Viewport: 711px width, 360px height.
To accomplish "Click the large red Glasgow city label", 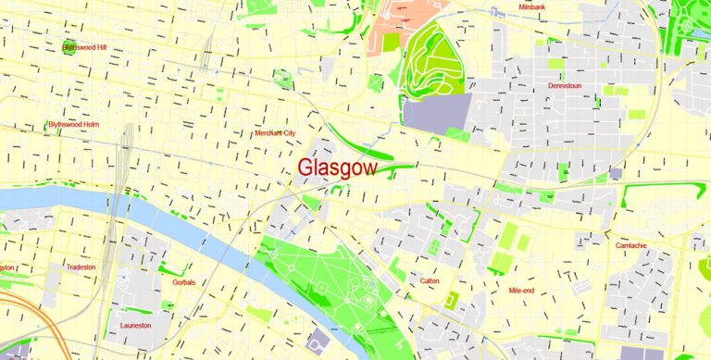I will [x=337, y=168].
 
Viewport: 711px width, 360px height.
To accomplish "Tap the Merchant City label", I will [x=275, y=133].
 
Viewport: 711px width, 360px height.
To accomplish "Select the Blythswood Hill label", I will [x=84, y=45].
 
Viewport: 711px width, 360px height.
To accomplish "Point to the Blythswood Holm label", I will [x=73, y=124].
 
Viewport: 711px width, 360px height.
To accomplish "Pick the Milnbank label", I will [x=534, y=6].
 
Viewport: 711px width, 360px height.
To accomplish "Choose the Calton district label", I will [x=430, y=280].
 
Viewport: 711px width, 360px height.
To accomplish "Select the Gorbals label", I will [x=183, y=282].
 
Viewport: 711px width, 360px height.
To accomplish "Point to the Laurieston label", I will [x=135, y=325].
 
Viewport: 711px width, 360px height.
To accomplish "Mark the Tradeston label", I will [x=81, y=267].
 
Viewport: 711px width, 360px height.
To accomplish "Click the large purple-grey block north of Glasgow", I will [x=436, y=113].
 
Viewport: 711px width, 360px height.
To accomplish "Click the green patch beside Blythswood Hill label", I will [x=69, y=49].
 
